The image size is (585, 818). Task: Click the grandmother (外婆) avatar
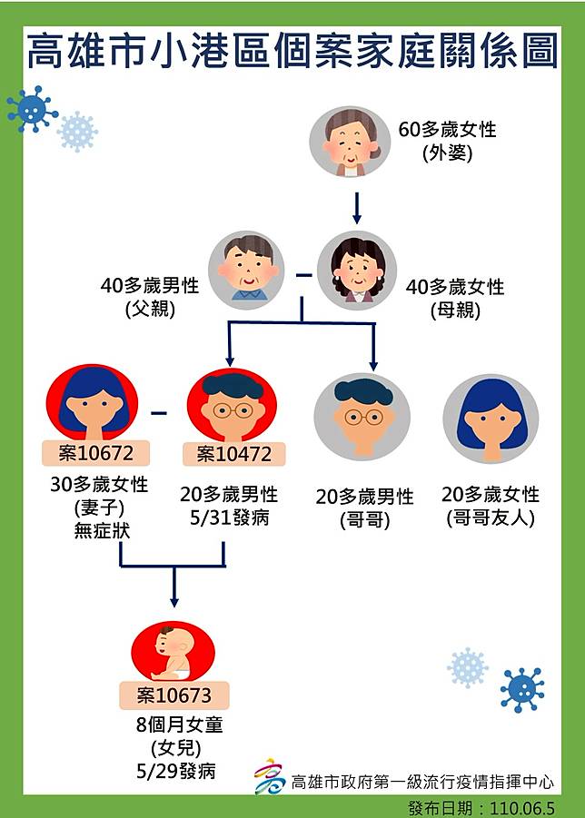click(x=349, y=142)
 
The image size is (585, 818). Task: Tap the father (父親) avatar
click(x=246, y=271)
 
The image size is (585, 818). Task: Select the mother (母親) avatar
click(x=357, y=271)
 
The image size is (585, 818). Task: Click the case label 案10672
click(x=96, y=453)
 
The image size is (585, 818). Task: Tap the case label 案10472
click(x=233, y=454)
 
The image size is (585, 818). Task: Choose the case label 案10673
click(x=174, y=695)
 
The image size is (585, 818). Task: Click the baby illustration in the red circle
click(x=173, y=652)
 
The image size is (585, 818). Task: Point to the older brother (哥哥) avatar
click(x=362, y=417)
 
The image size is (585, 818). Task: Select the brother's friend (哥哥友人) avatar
click(x=491, y=419)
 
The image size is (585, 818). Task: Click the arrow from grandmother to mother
click(x=357, y=208)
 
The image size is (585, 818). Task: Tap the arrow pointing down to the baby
click(x=174, y=586)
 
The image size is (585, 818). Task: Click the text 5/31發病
click(x=230, y=518)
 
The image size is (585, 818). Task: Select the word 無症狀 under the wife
click(x=102, y=530)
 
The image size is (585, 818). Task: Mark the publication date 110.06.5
click(x=521, y=809)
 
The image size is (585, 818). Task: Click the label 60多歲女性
click(x=447, y=130)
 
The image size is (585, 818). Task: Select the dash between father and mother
click(x=305, y=274)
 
